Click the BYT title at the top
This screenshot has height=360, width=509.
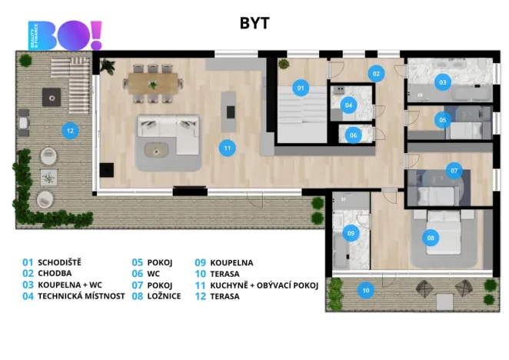pos(254,23)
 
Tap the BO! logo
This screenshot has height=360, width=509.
pos(65,35)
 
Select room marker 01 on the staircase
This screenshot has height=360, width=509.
pos(301,88)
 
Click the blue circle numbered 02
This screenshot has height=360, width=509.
pos(376,74)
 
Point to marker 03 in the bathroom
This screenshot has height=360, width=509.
pos(442,82)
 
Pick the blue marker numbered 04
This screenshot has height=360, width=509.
pos(349,105)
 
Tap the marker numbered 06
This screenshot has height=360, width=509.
pos(353,135)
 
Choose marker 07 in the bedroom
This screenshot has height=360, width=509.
pos(454,170)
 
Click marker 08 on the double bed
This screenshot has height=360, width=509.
pos(431,238)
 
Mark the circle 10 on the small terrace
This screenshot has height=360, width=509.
pos(365,291)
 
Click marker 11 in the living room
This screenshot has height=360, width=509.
pos(227,147)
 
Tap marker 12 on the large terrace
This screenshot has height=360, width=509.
pos(70,131)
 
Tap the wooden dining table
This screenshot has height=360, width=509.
pos(153,79)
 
